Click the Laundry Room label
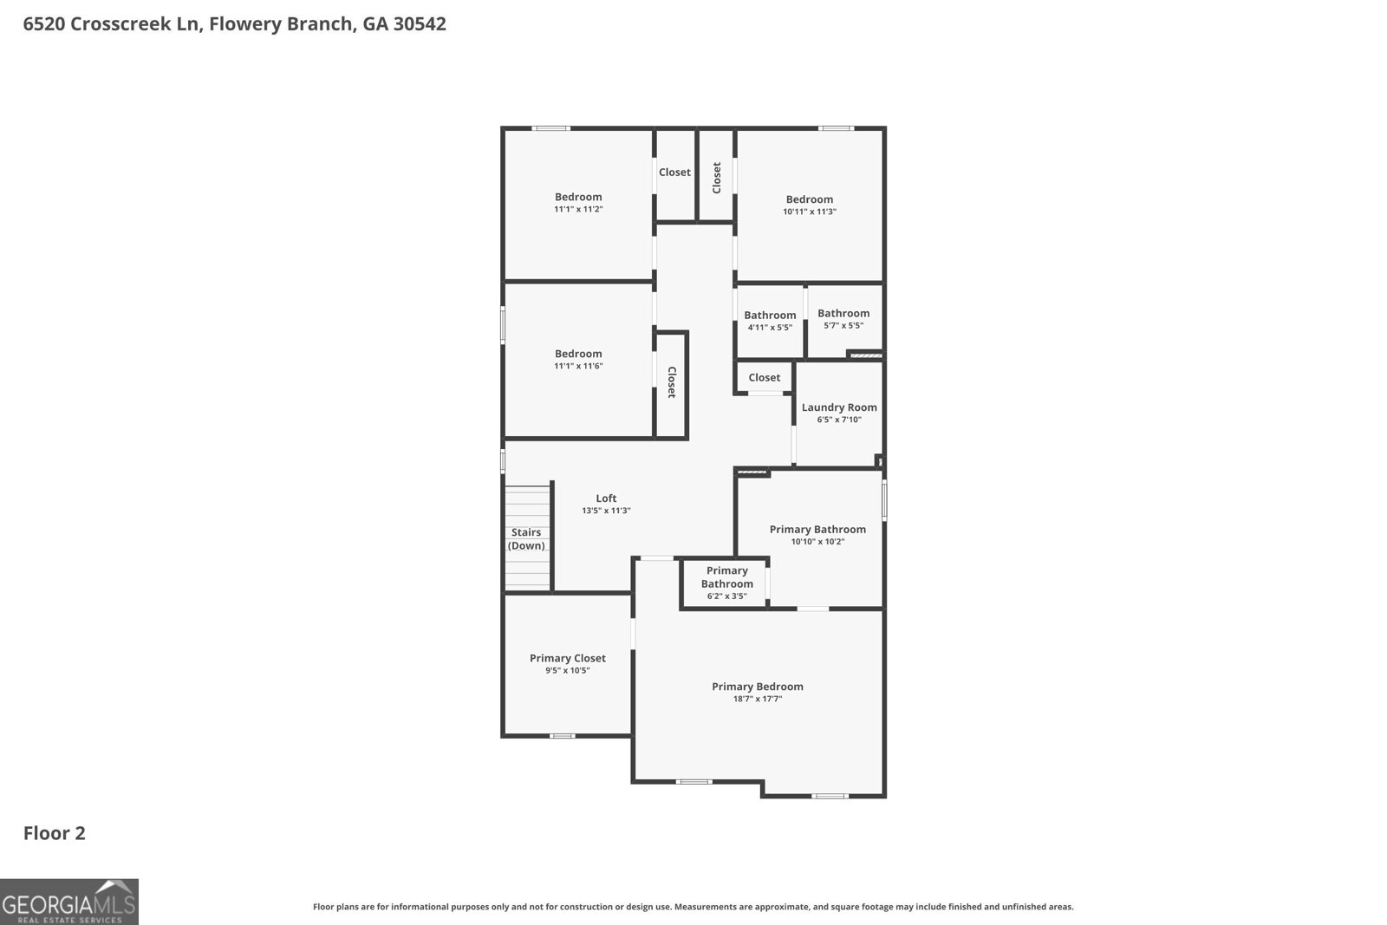click(838, 407)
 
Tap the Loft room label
click(606, 498)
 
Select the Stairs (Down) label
click(526, 539)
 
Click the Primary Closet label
click(568, 658)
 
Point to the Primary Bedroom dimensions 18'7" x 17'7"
click(757, 699)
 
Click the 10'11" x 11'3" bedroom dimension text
click(809, 212)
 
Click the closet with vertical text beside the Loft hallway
click(671, 382)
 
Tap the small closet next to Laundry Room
click(764, 377)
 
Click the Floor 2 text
click(54, 833)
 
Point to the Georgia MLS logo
click(69, 902)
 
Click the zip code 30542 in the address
click(420, 24)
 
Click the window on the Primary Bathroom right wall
click(884, 501)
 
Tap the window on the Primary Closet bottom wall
click(562, 736)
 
